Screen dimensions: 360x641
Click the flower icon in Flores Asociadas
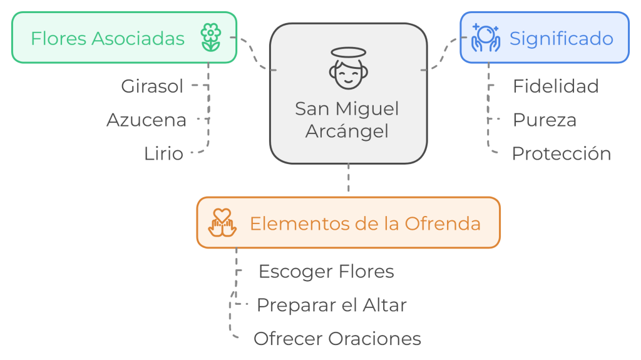pyautogui.click(x=212, y=38)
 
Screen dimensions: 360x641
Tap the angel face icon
pyautogui.click(x=347, y=69)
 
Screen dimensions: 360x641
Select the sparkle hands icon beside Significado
pyautogui.click(x=486, y=38)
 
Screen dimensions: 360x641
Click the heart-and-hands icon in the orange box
pyautogui.click(x=223, y=223)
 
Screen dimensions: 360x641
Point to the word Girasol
pyautogui.click(x=153, y=86)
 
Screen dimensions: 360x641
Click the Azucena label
pyautogui.click(x=146, y=120)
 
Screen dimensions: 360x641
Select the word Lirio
pyautogui.click(x=164, y=153)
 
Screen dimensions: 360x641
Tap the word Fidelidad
pyautogui.click(x=556, y=86)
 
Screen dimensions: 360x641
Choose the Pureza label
pyautogui.click(x=545, y=120)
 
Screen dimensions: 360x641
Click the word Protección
pyautogui.click(x=562, y=153)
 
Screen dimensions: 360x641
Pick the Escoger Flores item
pyautogui.click(x=326, y=271)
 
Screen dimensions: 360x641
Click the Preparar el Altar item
pyautogui.click(x=332, y=305)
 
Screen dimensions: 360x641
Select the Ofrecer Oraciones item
pyautogui.click(x=337, y=339)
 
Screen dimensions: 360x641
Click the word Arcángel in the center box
pyautogui.click(x=347, y=131)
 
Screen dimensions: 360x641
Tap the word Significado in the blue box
pyautogui.click(x=562, y=38)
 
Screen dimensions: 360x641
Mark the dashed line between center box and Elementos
pyautogui.click(x=348, y=180)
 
